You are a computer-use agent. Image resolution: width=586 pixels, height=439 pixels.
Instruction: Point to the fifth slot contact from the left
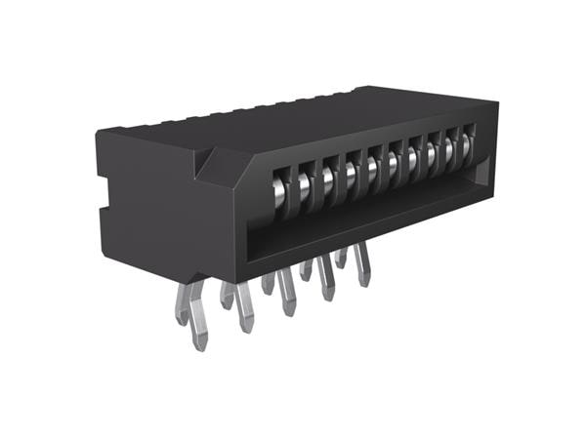374,166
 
